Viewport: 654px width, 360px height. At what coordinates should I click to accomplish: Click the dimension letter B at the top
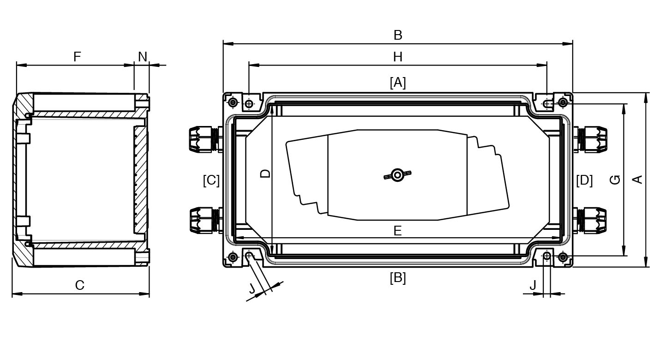click(x=398, y=35)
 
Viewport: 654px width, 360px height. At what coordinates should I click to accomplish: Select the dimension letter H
click(x=398, y=57)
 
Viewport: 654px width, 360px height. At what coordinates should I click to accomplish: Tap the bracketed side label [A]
click(x=398, y=83)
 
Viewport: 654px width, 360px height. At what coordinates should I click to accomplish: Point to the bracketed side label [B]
click(x=398, y=278)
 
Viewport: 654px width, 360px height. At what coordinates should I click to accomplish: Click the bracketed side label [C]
click(x=211, y=180)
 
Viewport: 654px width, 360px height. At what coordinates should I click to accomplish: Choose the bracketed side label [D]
click(x=584, y=180)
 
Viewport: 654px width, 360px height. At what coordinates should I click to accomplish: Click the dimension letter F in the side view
click(x=77, y=57)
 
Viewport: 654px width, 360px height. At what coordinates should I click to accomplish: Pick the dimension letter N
click(x=143, y=57)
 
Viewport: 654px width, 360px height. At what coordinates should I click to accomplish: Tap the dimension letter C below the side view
click(x=80, y=285)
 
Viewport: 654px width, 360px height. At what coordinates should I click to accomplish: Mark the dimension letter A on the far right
click(x=637, y=180)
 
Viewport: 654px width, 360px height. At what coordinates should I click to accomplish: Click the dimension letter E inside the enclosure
click(x=397, y=231)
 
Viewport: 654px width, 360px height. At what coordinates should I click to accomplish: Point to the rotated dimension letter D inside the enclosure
click(x=265, y=174)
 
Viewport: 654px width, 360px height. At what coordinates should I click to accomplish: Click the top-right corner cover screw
click(x=563, y=102)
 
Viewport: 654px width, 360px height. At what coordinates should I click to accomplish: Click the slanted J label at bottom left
click(x=252, y=288)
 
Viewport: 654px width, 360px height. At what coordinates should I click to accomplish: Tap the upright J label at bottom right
click(x=533, y=285)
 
